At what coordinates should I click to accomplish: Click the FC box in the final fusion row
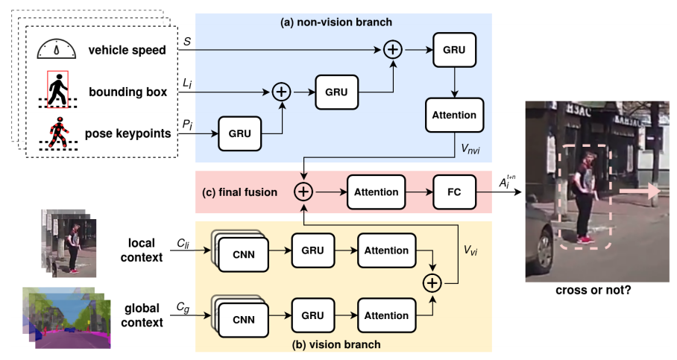click(453, 192)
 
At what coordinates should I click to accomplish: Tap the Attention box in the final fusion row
click(377, 192)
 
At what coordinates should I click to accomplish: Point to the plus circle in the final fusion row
click(303, 192)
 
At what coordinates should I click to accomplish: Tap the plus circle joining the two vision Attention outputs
click(431, 283)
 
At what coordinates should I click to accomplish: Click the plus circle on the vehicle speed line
click(392, 51)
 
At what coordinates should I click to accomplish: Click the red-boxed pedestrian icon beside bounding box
click(57, 91)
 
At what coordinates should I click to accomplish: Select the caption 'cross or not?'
click(593, 291)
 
